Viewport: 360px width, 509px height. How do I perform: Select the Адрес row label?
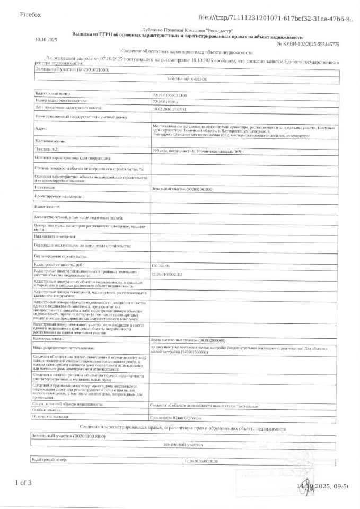[x=41, y=128]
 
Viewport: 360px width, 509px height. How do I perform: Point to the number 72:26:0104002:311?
[x=167, y=274]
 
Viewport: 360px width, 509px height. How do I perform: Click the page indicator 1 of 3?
[x=23, y=482]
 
